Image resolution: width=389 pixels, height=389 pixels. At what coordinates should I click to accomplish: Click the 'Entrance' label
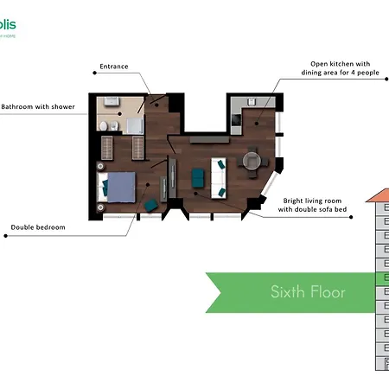[x=114, y=67]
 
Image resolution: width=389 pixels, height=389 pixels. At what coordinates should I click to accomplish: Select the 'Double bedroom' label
[x=38, y=229]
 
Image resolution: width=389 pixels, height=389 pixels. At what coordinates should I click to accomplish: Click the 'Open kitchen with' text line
[x=341, y=63]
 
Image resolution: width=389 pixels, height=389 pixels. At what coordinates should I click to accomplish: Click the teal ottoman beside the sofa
[x=196, y=176]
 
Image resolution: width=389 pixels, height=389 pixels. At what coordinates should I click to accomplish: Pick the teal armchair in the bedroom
[x=151, y=205]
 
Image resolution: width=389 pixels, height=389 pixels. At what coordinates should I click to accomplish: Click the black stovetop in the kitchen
[x=237, y=112]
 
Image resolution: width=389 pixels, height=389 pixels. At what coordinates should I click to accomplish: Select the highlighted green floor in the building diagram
[x=382, y=277]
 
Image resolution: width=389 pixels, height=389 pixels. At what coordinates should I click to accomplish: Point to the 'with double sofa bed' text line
[x=312, y=209]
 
